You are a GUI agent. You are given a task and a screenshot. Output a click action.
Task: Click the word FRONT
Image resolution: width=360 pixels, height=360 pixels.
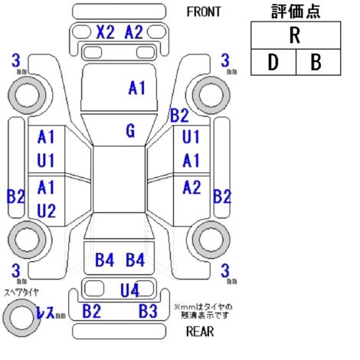click(204, 11)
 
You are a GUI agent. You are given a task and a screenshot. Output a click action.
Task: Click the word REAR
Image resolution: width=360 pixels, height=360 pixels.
click(200, 332)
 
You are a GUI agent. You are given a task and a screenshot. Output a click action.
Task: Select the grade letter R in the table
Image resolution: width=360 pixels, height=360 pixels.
click(295, 35)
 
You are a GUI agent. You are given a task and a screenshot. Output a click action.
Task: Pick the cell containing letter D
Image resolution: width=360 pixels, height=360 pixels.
click(273, 62)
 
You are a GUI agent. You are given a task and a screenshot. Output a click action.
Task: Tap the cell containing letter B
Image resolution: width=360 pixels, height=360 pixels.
click(318, 62)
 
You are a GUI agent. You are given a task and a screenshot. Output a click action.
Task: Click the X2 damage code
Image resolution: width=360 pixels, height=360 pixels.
click(105, 32)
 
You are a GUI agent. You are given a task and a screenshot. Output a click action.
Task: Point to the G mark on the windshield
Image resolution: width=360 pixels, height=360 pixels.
click(130, 130)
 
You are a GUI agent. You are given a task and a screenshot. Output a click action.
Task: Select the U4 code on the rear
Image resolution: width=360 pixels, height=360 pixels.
click(129, 290)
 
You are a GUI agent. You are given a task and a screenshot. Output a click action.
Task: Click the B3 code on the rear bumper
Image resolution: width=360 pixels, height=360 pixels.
click(148, 311)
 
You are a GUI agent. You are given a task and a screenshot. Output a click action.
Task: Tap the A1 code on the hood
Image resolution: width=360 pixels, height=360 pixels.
click(137, 88)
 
